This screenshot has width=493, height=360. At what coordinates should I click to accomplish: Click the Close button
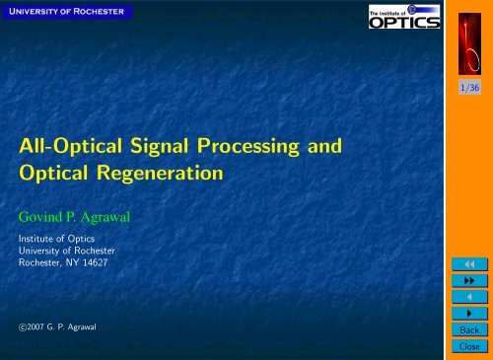(x=469, y=348)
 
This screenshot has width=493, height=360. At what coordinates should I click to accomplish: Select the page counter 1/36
(x=469, y=88)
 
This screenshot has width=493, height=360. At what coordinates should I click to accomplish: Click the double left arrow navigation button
(x=469, y=264)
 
